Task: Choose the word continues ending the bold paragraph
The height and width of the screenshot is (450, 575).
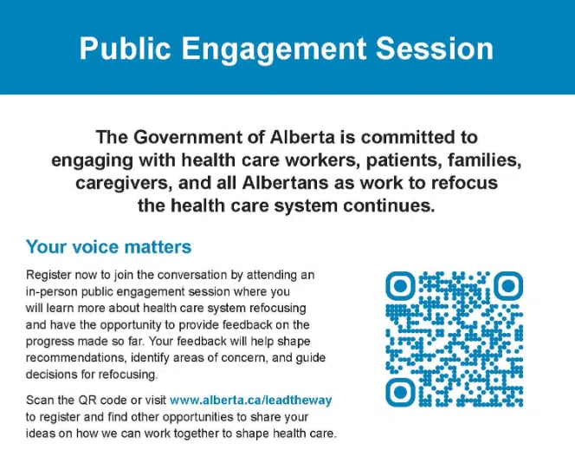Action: (x=381, y=206)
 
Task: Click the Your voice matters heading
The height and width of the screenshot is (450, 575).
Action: (x=108, y=247)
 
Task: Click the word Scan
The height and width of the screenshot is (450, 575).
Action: (x=39, y=400)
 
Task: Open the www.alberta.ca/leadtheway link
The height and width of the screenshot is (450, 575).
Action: (x=251, y=400)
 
